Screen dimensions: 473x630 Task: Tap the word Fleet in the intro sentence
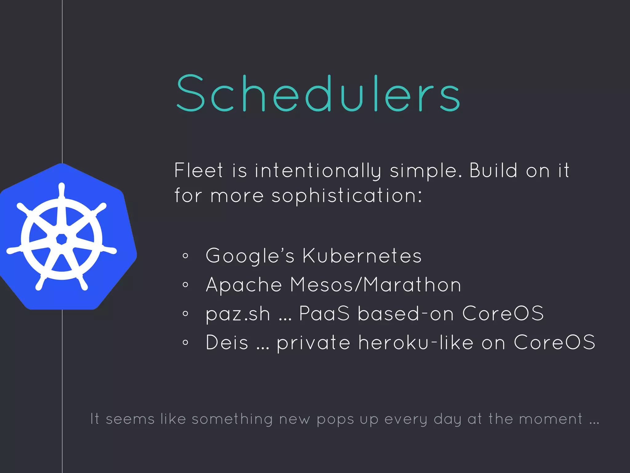pyautogui.click(x=198, y=170)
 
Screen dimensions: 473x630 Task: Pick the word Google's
pyautogui.click(x=250, y=256)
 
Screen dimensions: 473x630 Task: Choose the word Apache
pyautogui.click(x=244, y=285)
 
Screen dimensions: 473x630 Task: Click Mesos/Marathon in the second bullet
pyautogui.click(x=375, y=285)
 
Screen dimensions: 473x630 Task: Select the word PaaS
pyautogui.click(x=324, y=313)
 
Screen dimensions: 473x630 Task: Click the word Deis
pyautogui.click(x=227, y=342)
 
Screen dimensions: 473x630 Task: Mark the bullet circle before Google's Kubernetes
pyautogui.click(x=185, y=256)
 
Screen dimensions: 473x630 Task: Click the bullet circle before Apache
pyautogui.click(x=185, y=285)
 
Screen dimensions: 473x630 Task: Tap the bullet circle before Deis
pyautogui.click(x=185, y=342)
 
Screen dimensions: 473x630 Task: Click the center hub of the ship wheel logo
pyautogui.click(x=62, y=239)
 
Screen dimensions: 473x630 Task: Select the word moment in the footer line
pyautogui.click(x=551, y=419)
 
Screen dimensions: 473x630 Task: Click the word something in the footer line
pyautogui.click(x=232, y=419)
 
